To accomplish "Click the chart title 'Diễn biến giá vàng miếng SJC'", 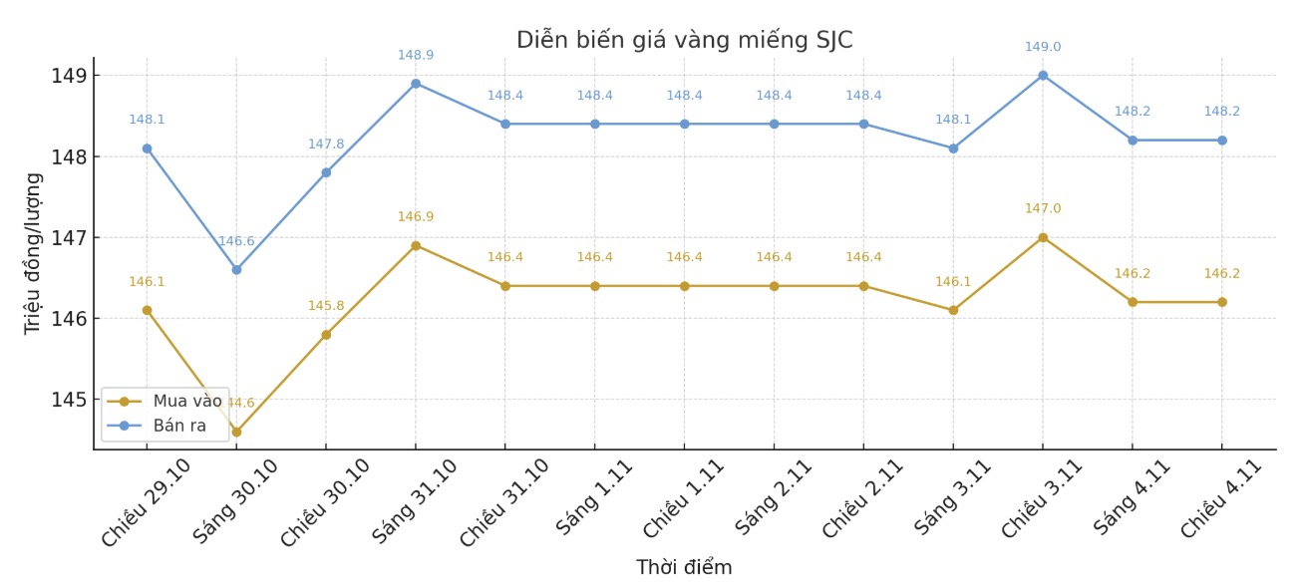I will click(684, 41).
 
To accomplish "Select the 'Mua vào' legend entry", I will click(186, 402).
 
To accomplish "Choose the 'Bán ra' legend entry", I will click(179, 426).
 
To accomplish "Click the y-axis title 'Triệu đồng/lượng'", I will click(33, 253).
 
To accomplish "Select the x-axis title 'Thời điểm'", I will click(684, 568).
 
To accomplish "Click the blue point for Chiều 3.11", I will click(1043, 76).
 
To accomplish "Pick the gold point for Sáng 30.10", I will click(236, 432).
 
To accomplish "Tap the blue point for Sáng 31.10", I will click(416, 84).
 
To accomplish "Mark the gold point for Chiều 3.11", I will click(1043, 237).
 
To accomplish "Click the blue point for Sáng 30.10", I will click(236, 269).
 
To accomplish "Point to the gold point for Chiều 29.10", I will click(147, 310).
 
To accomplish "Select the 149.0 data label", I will click(1043, 47).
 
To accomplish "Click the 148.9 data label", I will click(416, 55).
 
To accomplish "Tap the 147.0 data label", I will click(1043, 208).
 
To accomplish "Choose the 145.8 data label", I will click(326, 306).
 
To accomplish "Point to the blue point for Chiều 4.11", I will click(1221, 141).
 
